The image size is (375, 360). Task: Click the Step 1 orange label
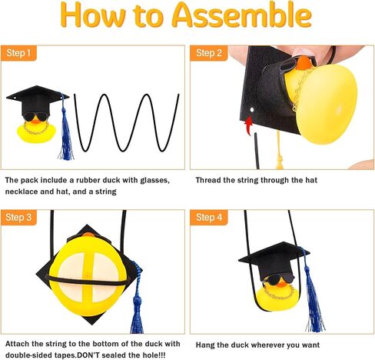(18, 53)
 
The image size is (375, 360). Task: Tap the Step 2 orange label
(209, 53)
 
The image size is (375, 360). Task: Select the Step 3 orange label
(18, 218)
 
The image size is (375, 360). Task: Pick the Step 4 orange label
(209, 218)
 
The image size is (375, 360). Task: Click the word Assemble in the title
(242, 15)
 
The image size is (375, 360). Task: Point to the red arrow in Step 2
(249, 125)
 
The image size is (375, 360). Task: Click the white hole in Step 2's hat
(252, 110)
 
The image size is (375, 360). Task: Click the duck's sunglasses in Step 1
(36, 117)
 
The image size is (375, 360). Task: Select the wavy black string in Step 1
(127, 122)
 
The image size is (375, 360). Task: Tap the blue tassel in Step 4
(313, 292)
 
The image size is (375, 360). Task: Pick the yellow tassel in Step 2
(280, 152)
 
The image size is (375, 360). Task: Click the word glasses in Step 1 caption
(155, 181)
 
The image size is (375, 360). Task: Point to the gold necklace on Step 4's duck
(279, 294)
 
